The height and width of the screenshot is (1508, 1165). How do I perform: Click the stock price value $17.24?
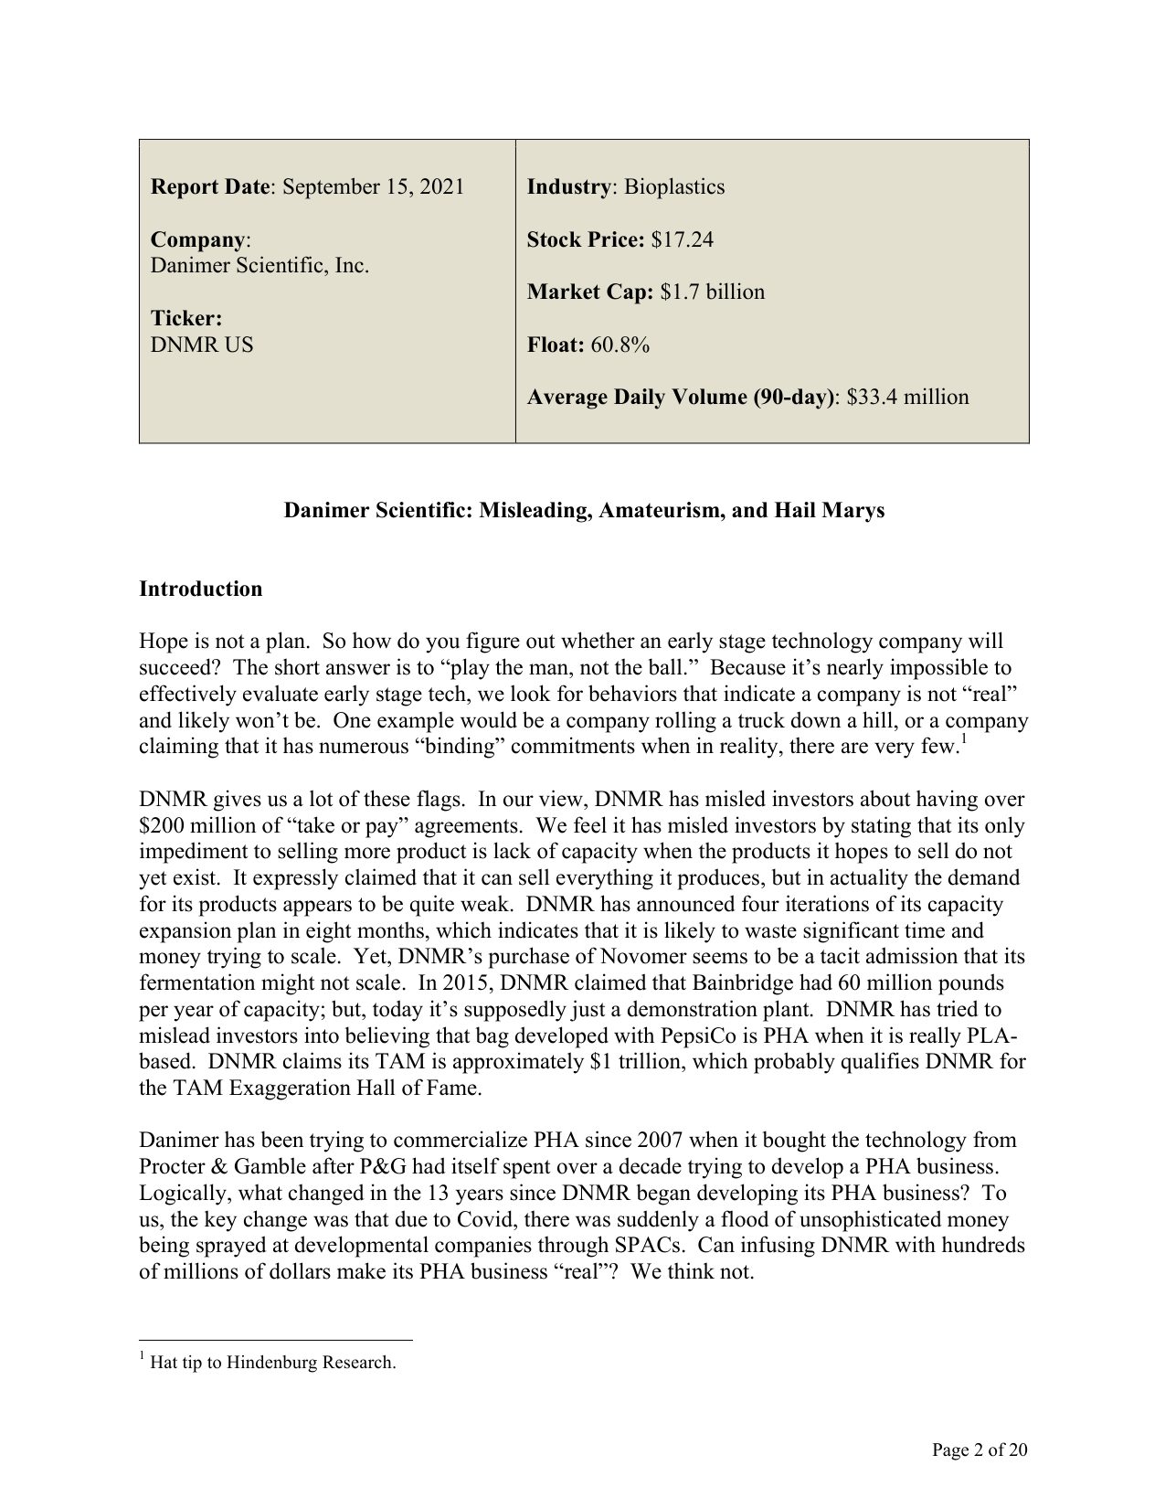(x=683, y=239)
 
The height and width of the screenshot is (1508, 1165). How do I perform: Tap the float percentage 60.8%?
(x=620, y=345)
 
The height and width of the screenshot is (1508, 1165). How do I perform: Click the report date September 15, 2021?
(x=373, y=187)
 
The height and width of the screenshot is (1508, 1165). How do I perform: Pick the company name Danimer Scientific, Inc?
(x=259, y=266)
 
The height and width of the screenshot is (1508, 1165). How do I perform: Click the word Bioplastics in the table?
(x=674, y=187)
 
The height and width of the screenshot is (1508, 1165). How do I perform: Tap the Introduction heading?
(x=200, y=589)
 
